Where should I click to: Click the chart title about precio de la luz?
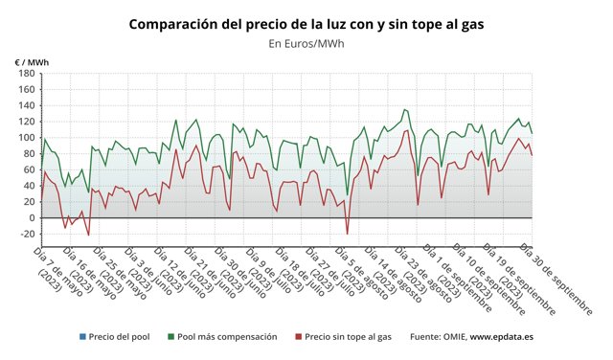[306, 22]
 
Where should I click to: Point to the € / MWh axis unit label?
[31, 61]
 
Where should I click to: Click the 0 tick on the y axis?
[31, 217]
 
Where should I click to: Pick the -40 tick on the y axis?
[26, 250]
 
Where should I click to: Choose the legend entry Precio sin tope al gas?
[349, 337]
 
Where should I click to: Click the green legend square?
[170, 337]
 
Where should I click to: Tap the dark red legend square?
[298, 337]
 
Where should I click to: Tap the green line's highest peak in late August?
[404, 109]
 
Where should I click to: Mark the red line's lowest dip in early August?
[347, 234]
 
